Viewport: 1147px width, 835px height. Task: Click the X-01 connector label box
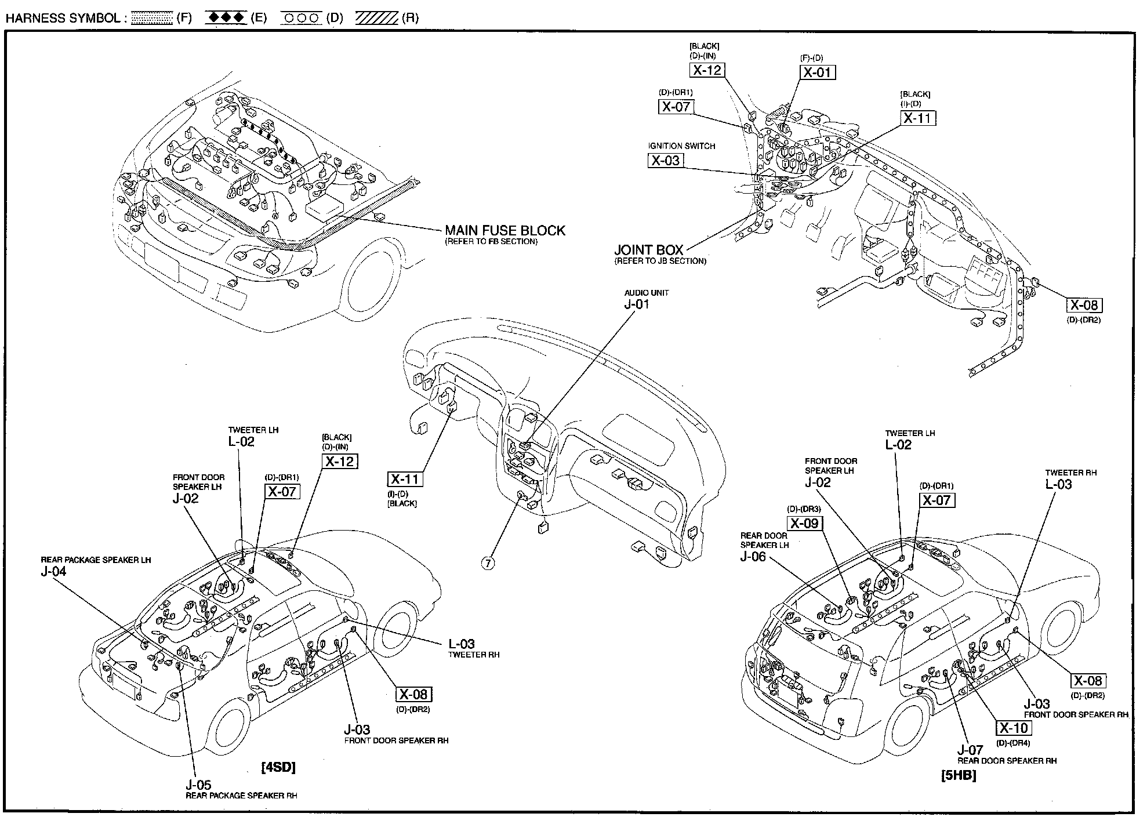pyautogui.click(x=818, y=72)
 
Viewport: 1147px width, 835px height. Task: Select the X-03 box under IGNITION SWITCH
pyautogui.click(x=665, y=161)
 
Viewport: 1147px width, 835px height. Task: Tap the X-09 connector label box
pyautogui.click(x=804, y=524)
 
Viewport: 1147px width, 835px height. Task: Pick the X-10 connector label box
pyautogui.click(x=1014, y=728)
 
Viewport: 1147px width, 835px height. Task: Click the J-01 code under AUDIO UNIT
pyautogui.click(x=637, y=304)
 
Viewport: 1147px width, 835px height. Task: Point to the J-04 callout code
pyautogui.click(x=53, y=571)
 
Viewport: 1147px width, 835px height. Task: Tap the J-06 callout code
pyautogui.click(x=753, y=557)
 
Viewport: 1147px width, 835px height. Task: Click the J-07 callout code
pyautogui.click(x=970, y=750)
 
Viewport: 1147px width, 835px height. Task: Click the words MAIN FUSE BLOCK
pyautogui.click(x=505, y=230)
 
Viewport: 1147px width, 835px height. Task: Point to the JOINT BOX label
pyautogui.click(x=649, y=250)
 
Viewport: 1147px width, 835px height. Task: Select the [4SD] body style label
pyautogui.click(x=278, y=768)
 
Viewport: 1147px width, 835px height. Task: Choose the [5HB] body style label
pyautogui.click(x=959, y=775)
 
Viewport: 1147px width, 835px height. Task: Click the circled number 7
pyautogui.click(x=488, y=562)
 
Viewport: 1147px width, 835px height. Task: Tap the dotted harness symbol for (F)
pyautogui.click(x=153, y=18)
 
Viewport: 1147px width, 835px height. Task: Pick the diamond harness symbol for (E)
pyautogui.click(x=227, y=17)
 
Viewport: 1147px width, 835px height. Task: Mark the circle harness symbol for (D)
pyautogui.click(x=301, y=18)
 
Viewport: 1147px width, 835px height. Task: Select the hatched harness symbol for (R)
pyautogui.click(x=376, y=18)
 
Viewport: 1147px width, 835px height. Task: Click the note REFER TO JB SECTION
pyautogui.click(x=660, y=262)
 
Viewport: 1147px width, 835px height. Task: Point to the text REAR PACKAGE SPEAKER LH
pyautogui.click(x=96, y=560)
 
